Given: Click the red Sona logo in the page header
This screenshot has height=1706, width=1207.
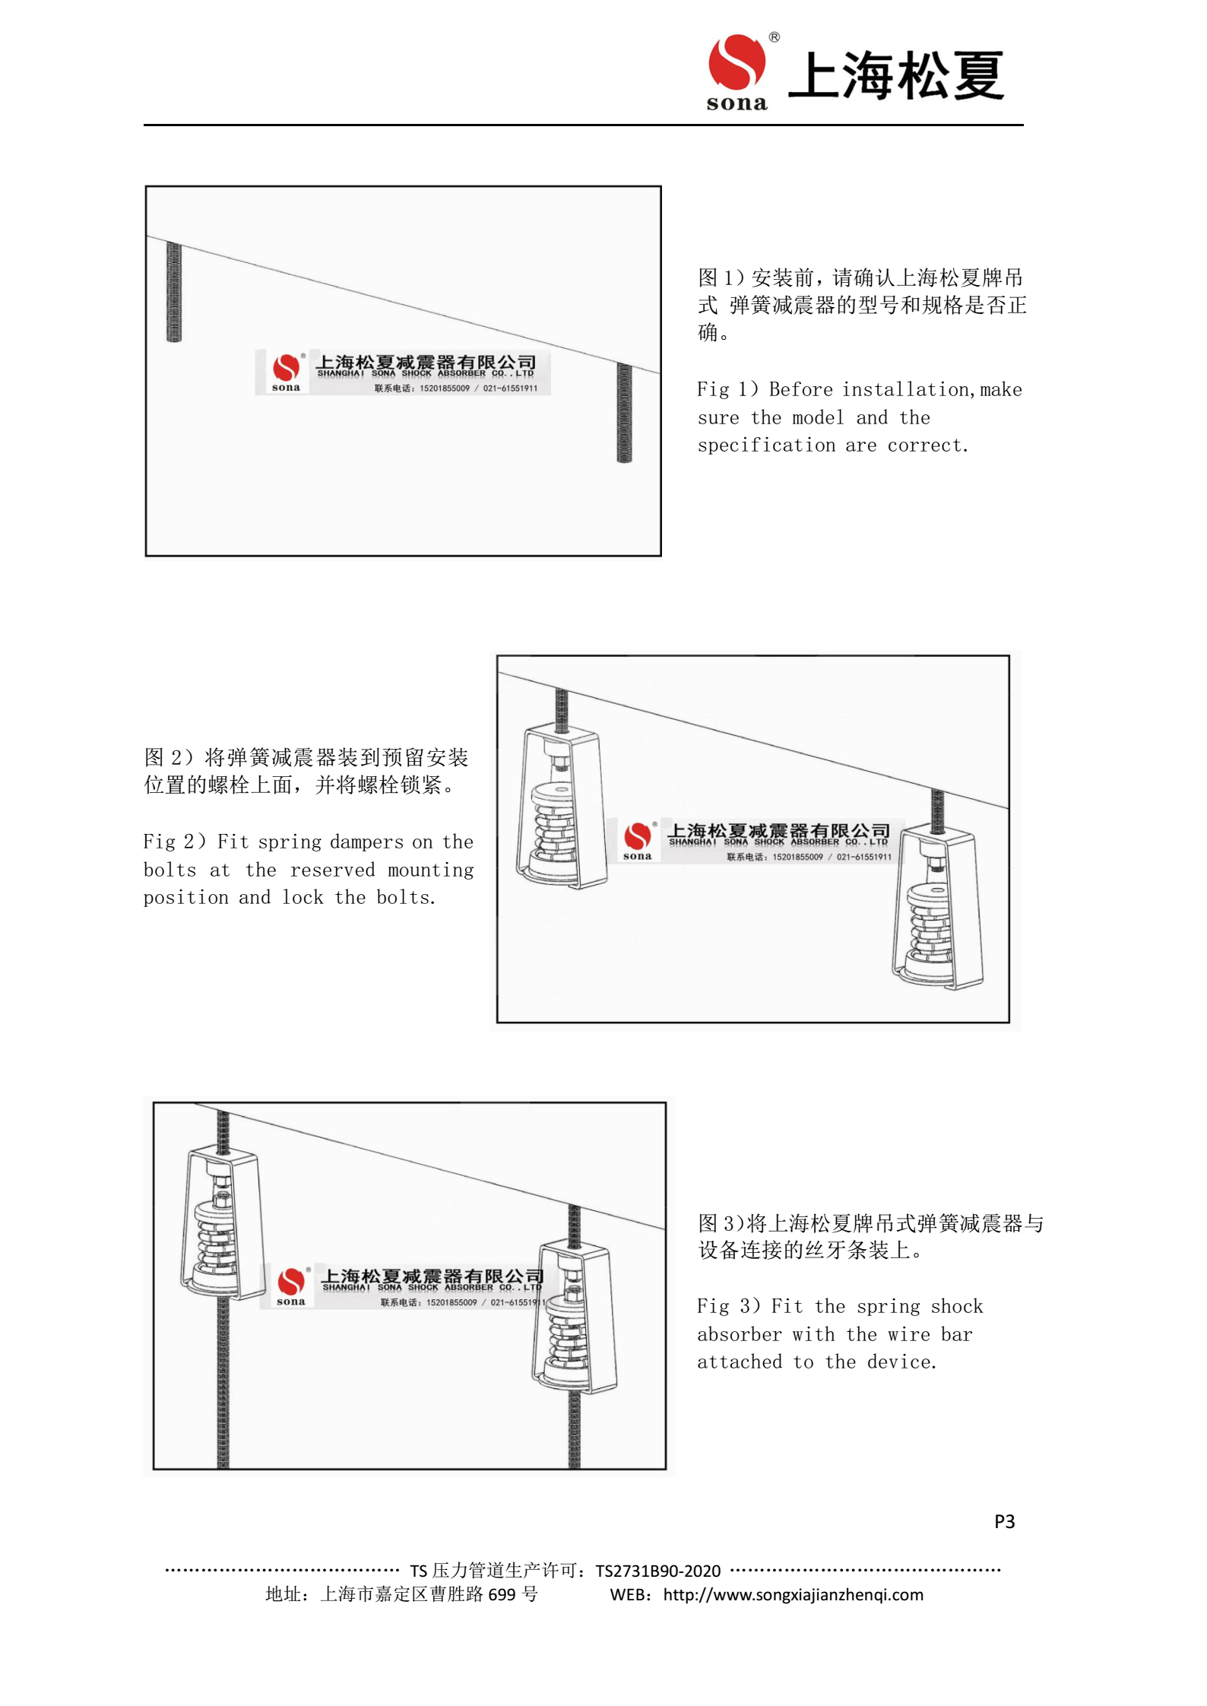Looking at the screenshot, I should pyautogui.click(x=736, y=62).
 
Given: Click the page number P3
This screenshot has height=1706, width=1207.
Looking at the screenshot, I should pyautogui.click(x=1004, y=1520).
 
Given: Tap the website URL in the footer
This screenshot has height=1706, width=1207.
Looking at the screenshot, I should pyautogui.click(x=793, y=1594).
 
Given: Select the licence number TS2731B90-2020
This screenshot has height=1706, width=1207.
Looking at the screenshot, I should pyautogui.click(x=657, y=1571).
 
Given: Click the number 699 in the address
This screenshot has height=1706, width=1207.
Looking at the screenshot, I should pyautogui.click(x=502, y=1594).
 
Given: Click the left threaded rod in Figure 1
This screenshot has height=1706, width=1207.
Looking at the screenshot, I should pyautogui.click(x=174, y=292).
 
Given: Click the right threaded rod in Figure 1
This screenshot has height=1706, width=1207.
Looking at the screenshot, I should pyautogui.click(x=624, y=412).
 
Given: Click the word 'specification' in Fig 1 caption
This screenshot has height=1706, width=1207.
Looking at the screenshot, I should pyautogui.click(x=766, y=446).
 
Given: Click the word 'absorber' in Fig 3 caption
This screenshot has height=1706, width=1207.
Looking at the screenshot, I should pyautogui.click(x=739, y=1334).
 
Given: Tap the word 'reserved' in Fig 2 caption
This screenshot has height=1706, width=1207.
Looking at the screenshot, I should pyautogui.click(x=332, y=870).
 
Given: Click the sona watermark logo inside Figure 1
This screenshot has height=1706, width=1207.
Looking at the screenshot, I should pyautogui.click(x=287, y=371).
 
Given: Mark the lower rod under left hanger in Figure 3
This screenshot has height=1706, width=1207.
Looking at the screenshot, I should pyautogui.click(x=223, y=1384).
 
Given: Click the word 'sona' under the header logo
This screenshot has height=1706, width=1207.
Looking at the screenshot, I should pyautogui.click(x=737, y=103).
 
